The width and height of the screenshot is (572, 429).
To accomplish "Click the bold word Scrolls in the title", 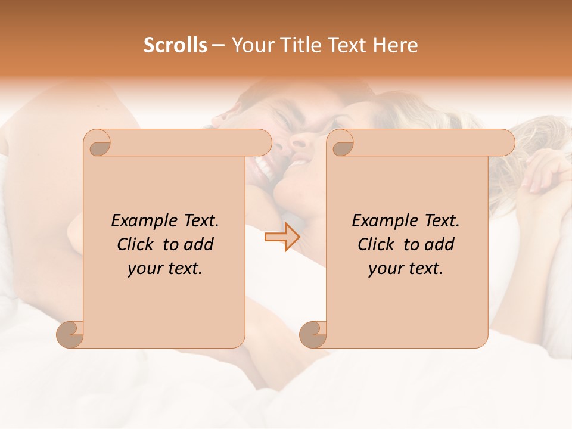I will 176,45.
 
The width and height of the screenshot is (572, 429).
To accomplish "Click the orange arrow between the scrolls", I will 282,237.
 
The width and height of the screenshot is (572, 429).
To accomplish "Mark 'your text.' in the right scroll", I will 406,268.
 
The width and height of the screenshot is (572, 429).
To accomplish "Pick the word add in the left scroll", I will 199,244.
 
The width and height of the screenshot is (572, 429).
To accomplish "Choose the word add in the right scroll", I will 440,244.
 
